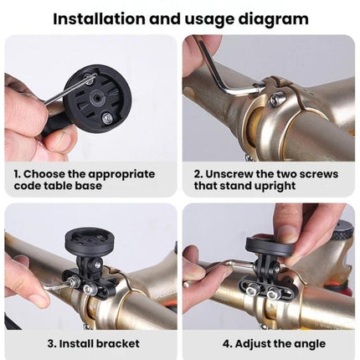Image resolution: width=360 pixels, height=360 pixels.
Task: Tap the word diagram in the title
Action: [x=277, y=18]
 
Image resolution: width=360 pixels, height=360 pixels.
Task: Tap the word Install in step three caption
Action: [x=74, y=343]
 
